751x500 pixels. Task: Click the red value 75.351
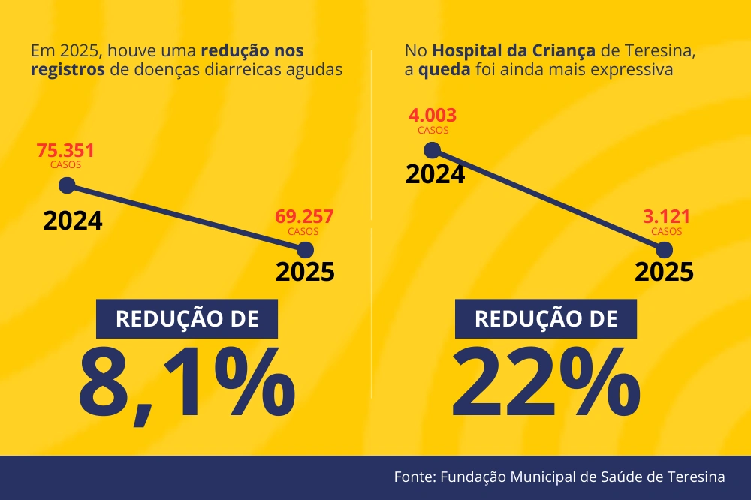65,151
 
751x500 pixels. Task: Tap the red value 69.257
304,218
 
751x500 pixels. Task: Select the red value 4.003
433,116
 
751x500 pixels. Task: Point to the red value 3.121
666,218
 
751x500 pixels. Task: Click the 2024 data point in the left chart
67,185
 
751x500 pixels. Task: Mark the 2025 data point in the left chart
305,250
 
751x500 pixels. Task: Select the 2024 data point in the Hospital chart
433,149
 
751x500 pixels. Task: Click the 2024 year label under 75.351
72,221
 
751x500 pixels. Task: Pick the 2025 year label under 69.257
305,272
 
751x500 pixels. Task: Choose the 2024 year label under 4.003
435,174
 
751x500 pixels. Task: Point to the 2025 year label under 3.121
664,272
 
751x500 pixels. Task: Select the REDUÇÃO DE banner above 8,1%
187,318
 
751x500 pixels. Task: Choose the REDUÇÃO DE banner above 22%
546,318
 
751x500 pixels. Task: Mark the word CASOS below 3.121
666,232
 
